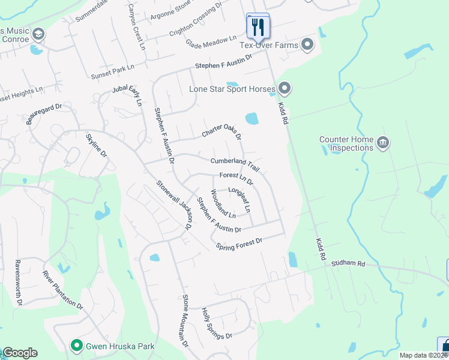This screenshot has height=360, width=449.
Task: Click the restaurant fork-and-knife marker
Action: tap(258, 26)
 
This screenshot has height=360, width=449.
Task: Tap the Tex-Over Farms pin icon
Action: tap(308, 44)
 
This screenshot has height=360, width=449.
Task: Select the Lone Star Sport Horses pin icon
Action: tap(284, 89)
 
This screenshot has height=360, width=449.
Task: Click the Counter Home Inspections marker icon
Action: tap(383, 143)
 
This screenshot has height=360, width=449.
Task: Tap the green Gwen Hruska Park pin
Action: tap(76, 346)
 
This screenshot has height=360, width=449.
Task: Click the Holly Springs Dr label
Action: tap(216, 323)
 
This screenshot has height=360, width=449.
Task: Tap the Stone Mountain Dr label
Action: tap(185, 321)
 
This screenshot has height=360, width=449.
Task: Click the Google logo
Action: tap(20, 353)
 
